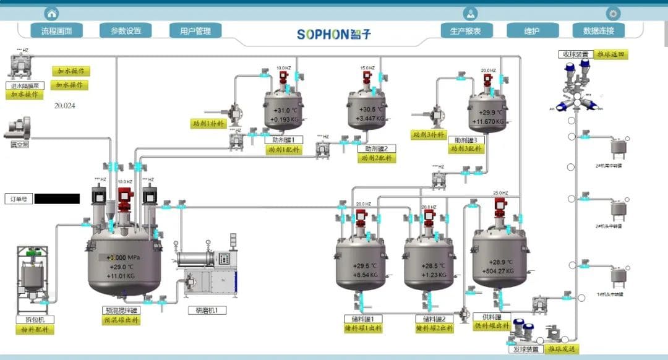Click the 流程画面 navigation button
click(x=56, y=31)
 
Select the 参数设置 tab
click(x=126, y=31)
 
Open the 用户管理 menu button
click(x=195, y=31)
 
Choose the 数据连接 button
click(x=598, y=31)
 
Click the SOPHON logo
click(x=334, y=34)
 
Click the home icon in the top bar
click(x=52, y=13)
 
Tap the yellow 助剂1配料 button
click(x=285, y=150)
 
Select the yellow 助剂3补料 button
click(x=428, y=134)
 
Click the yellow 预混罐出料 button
click(x=121, y=320)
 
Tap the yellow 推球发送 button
click(x=562, y=349)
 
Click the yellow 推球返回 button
click(x=611, y=54)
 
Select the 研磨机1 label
click(x=207, y=311)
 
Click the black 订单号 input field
click(x=57, y=199)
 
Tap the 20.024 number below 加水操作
click(x=65, y=106)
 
